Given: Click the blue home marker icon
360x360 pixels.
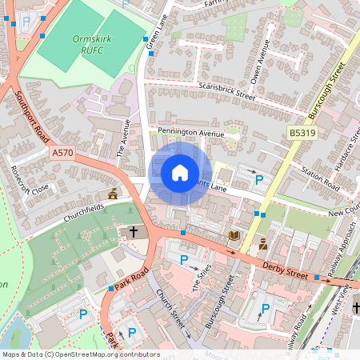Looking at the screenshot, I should coord(180,173).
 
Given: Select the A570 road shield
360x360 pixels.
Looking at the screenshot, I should coord(62,152).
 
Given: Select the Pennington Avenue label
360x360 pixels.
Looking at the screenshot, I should coord(190,132).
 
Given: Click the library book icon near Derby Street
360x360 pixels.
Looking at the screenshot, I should coord(234,236).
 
